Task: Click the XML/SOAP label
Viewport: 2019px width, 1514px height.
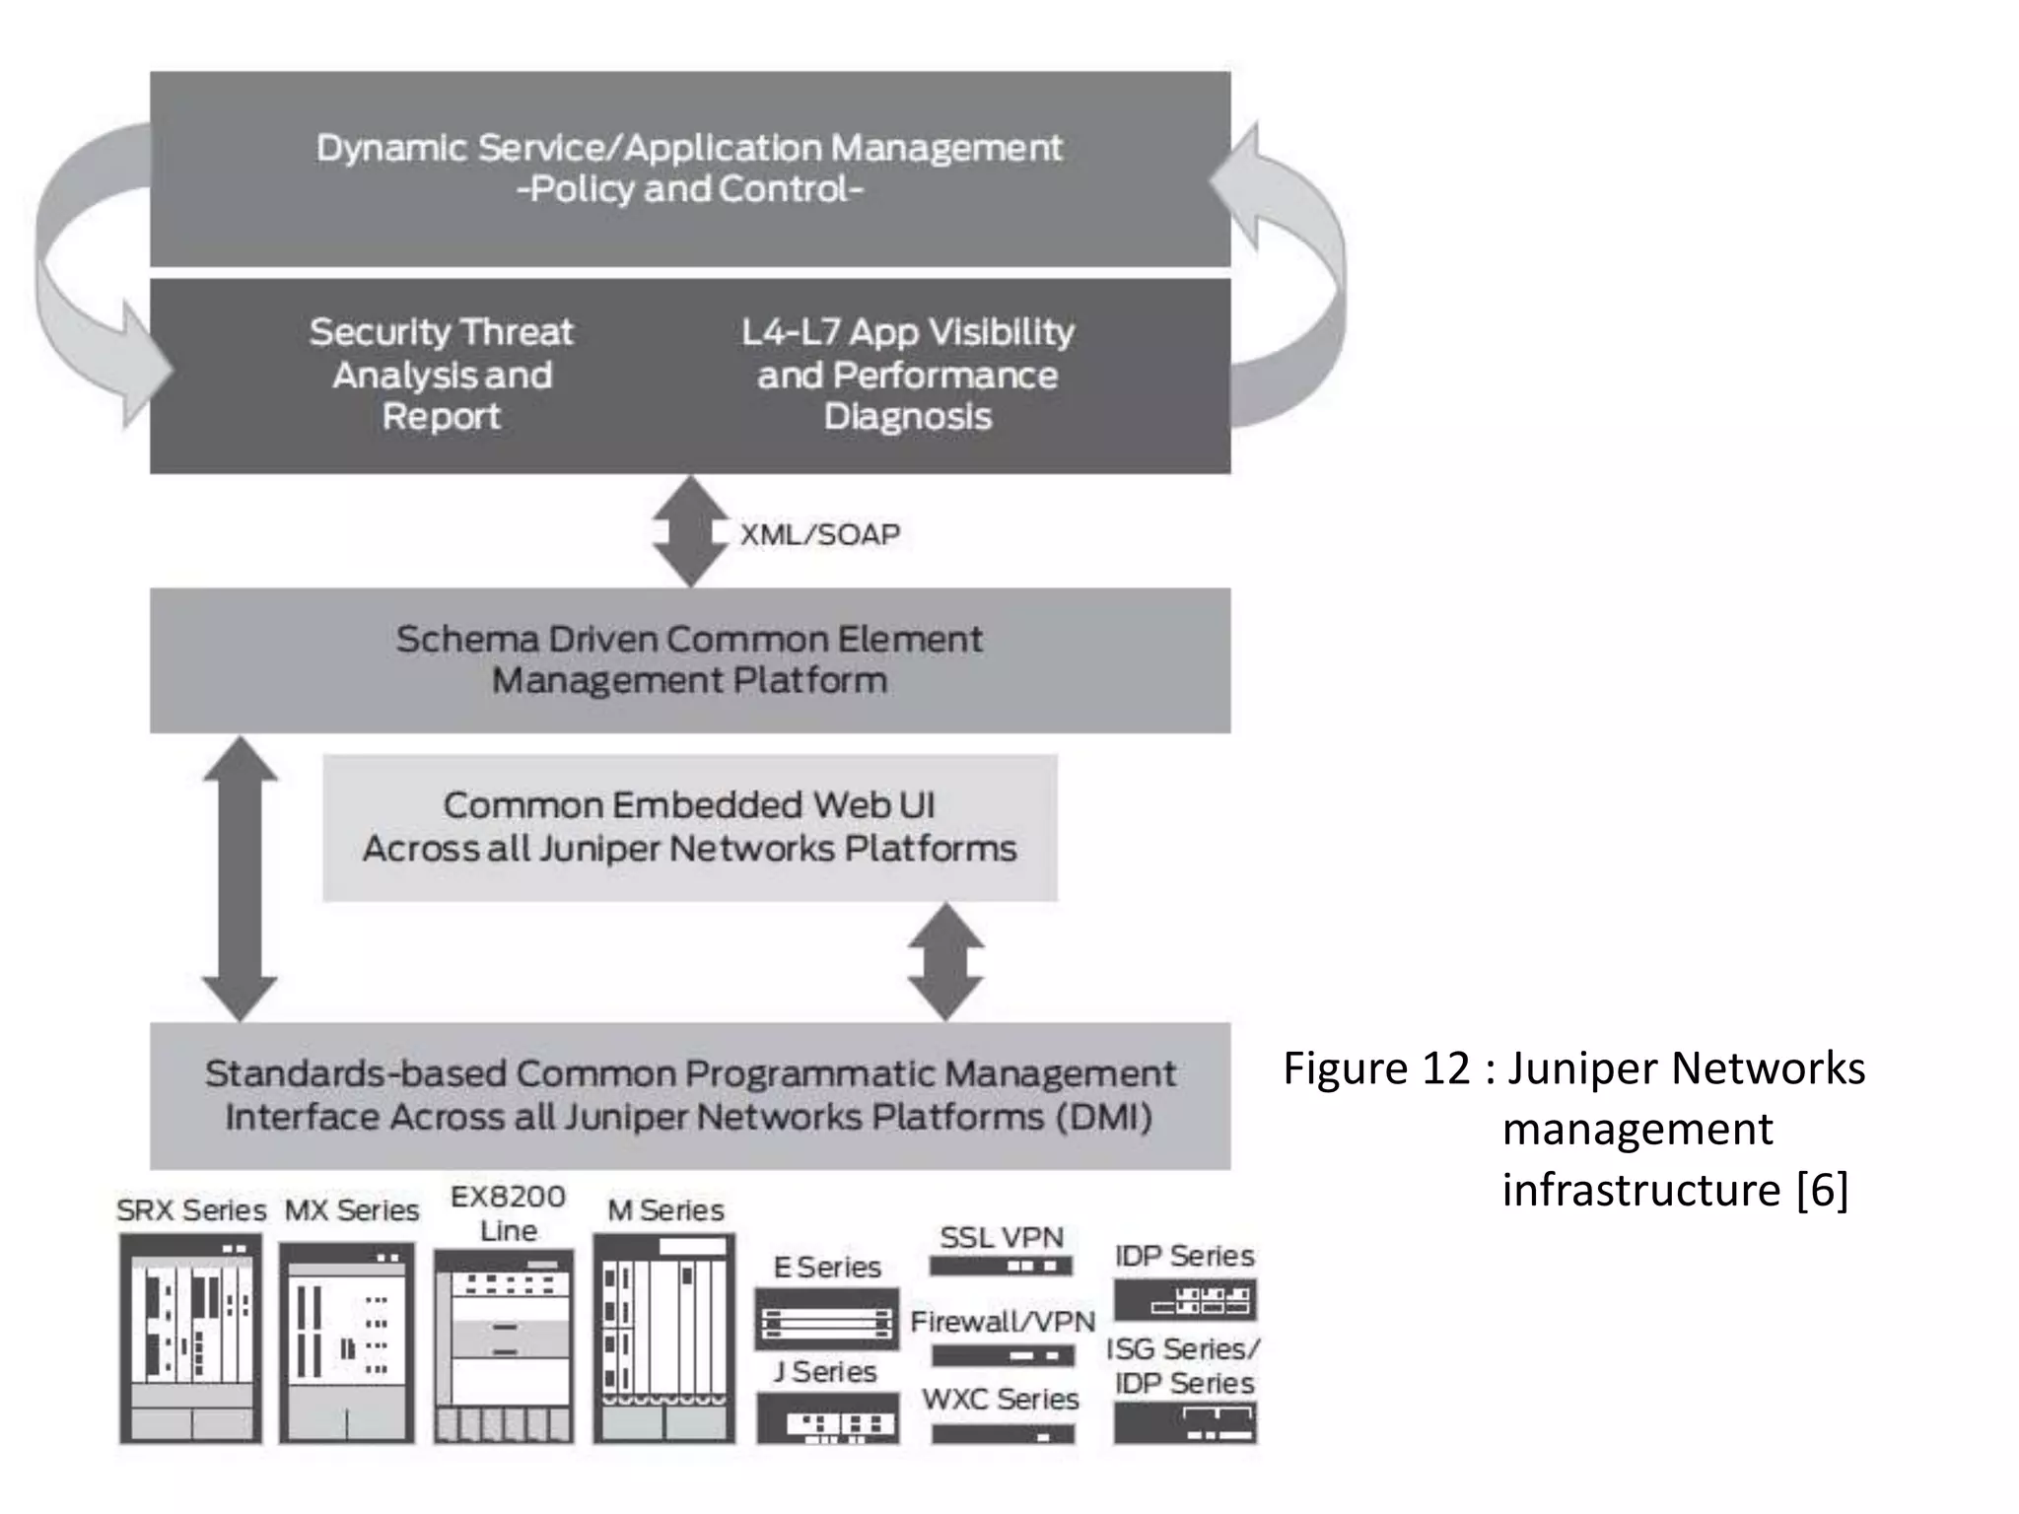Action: click(x=820, y=534)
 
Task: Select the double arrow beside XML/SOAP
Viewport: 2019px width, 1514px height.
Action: click(x=690, y=532)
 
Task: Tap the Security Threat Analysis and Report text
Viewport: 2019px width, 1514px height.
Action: click(x=441, y=375)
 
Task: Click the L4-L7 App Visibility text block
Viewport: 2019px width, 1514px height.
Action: click(x=907, y=375)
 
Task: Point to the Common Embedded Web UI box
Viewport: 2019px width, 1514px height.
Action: click(x=690, y=828)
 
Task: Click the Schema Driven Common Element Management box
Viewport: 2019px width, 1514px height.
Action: click(x=690, y=660)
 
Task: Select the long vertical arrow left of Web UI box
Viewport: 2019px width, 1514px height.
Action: click(x=240, y=877)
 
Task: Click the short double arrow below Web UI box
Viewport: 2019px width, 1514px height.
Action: click(x=945, y=961)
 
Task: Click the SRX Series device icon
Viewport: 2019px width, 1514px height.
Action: click(x=190, y=1339)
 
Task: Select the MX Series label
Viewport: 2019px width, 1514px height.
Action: click(x=352, y=1209)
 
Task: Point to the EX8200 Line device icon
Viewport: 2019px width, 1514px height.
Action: click(x=504, y=1345)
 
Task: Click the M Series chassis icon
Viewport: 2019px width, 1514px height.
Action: click(x=663, y=1339)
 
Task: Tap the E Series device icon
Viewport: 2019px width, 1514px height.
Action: click(x=826, y=1319)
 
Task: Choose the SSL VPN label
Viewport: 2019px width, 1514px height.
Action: click(x=1002, y=1237)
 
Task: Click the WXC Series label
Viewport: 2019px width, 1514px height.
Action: click(x=1001, y=1399)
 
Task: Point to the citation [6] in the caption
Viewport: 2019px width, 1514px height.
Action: click(x=1822, y=1190)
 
